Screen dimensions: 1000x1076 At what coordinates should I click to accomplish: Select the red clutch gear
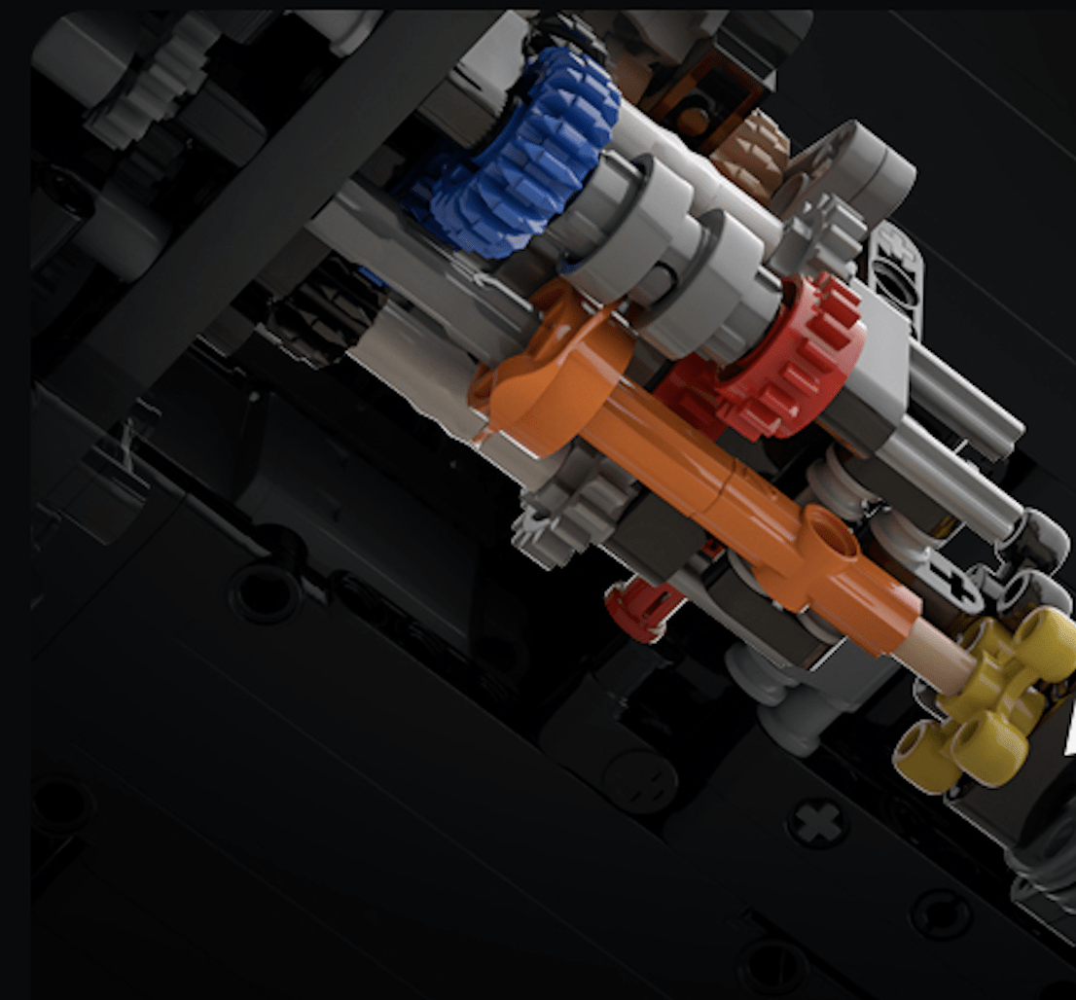click(x=778, y=360)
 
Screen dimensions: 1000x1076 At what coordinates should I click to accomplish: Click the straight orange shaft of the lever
click(x=681, y=467)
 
